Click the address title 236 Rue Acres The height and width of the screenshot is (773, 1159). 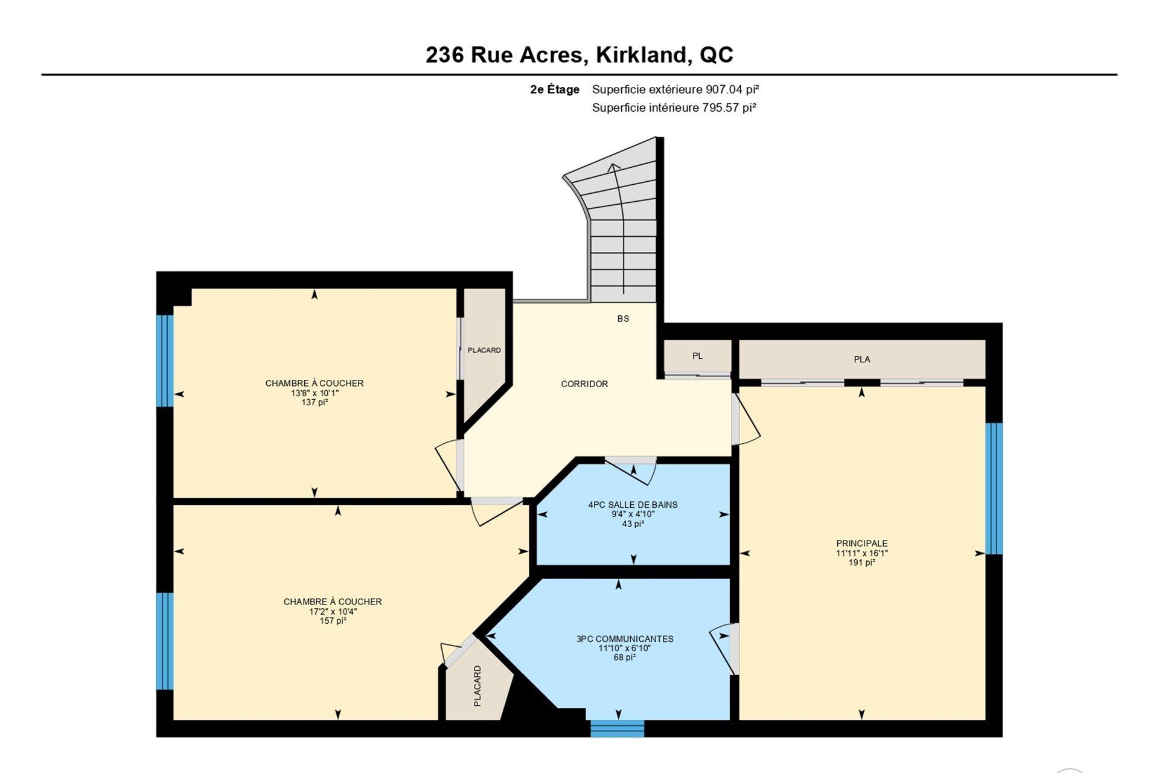click(505, 55)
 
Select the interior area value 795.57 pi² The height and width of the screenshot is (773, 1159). click(729, 107)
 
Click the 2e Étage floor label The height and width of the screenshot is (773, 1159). click(555, 89)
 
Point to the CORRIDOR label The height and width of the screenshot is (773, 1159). click(584, 384)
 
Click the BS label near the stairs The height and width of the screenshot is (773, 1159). click(623, 319)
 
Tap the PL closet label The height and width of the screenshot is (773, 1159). click(697, 356)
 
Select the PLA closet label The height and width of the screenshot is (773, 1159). click(862, 359)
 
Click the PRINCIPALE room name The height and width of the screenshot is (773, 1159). click(862, 544)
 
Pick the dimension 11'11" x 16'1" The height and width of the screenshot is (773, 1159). click(862, 553)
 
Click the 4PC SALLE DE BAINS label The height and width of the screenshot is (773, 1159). click(633, 505)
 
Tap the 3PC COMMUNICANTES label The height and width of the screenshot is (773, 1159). click(625, 639)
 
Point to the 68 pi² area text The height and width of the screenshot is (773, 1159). click(625, 658)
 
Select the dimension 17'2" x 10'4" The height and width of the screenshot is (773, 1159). click(333, 611)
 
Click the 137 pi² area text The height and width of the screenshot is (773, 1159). click(314, 402)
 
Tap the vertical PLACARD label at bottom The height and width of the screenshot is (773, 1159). click(477, 686)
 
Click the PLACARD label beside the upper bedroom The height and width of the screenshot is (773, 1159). click(484, 350)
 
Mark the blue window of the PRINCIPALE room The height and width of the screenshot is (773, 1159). click(994, 489)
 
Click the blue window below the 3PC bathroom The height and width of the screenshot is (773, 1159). click(617, 728)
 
